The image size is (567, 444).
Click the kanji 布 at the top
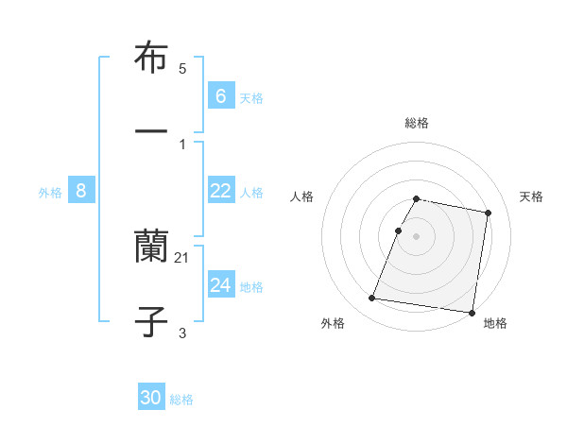click(x=151, y=59)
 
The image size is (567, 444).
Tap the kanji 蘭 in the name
click(x=151, y=248)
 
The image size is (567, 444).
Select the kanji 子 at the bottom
click(x=151, y=322)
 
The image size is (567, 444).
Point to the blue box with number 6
click(x=220, y=95)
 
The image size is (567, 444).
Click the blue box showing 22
click(x=220, y=190)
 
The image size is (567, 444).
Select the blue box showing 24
click(x=220, y=284)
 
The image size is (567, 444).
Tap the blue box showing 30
click(x=151, y=398)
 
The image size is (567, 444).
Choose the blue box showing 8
click(x=81, y=191)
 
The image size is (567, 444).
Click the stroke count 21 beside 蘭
click(x=182, y=258)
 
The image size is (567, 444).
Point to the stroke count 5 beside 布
click(x=182, y=69)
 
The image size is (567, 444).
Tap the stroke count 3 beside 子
click(x=182, y=333)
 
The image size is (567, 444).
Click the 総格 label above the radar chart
click(x=417, y=123)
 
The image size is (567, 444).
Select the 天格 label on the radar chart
click(x=532, y=196)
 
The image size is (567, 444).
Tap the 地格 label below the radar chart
click(x=495, y=323)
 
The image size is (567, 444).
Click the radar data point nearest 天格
click(x=488, y=213)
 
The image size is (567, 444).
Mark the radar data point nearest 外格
click(x=372, y=299)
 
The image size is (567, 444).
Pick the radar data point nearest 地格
click(x=471, y=312)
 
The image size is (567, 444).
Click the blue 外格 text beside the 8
click(x=50, y=193)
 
